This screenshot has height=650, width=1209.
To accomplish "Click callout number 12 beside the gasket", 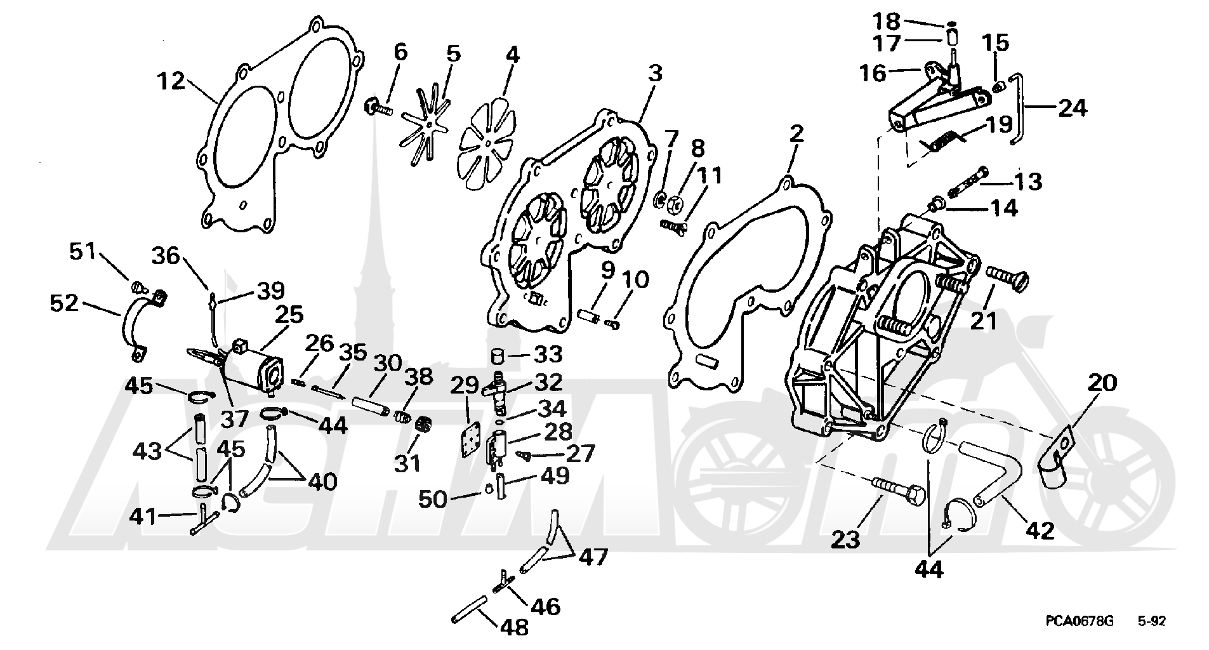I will (x=171, y=82).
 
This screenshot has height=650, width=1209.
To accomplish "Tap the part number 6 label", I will (x=400, y=52).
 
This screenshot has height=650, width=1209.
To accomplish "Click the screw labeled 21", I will (x=1006, y=278).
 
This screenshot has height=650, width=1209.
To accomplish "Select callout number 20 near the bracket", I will (x=1101, y=383).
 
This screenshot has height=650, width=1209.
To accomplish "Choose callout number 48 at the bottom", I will (x=513, y=627).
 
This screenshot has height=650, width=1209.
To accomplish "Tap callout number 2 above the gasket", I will (x=796, y=134).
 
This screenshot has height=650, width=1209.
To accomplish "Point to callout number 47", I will (x=593, y=557).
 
